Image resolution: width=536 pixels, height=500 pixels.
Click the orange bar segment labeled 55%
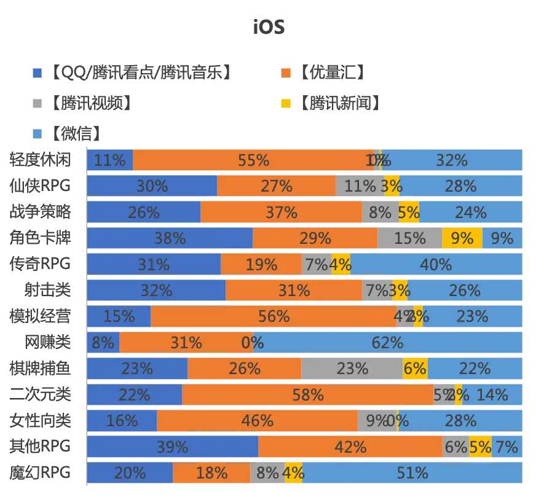pyautogui.click(x=253, y=160)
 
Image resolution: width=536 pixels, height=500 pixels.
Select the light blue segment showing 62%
pyautogui.click(x=387, y=342)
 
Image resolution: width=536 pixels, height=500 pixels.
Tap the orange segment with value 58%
pyautogui.click(x=308, y=394)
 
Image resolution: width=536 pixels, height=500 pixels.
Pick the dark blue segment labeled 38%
pyautogui.click(x=170, y=238)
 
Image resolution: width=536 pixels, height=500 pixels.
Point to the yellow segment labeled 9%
pyautogui.click(x=462, y=238)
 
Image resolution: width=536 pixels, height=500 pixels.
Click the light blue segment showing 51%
pyautogui.click(x=412, y=473)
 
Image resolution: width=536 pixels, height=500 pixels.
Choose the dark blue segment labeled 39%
pyautogui.click(x=172, y=447)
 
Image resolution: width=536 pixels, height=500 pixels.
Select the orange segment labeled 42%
pyautogui.click(x=350, y=447)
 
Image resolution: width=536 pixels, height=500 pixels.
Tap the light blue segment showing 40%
pyautogui.click(x=436, y=264)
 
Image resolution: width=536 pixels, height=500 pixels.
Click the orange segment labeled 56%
pyautogui.click(x=274, y=316)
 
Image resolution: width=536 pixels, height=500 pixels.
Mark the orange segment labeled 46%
pyautogui.click(x=257, y=421)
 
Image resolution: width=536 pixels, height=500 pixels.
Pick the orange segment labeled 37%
pyautogui.click(x=282, y=213)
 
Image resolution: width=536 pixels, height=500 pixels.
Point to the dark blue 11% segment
pyautogui.click(x=110, y=160)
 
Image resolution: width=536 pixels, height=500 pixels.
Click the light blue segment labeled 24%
pyautogui.click(x=471, y=213)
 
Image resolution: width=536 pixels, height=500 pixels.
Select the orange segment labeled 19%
pyautogui.click(x=261, y=264)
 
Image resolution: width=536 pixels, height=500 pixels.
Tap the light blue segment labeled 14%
pyautogui.click(x=492, y=394)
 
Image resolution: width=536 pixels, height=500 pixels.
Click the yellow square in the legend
pyautogui.click(x=286, y=103)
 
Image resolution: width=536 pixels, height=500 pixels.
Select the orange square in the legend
pyautogui.click(x=286, y=72)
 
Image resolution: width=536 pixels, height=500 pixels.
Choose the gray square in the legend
pyautogui.click(x=37, y=103)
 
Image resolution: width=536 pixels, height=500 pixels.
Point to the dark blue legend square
pyautogui.click(x=37, y=72)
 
